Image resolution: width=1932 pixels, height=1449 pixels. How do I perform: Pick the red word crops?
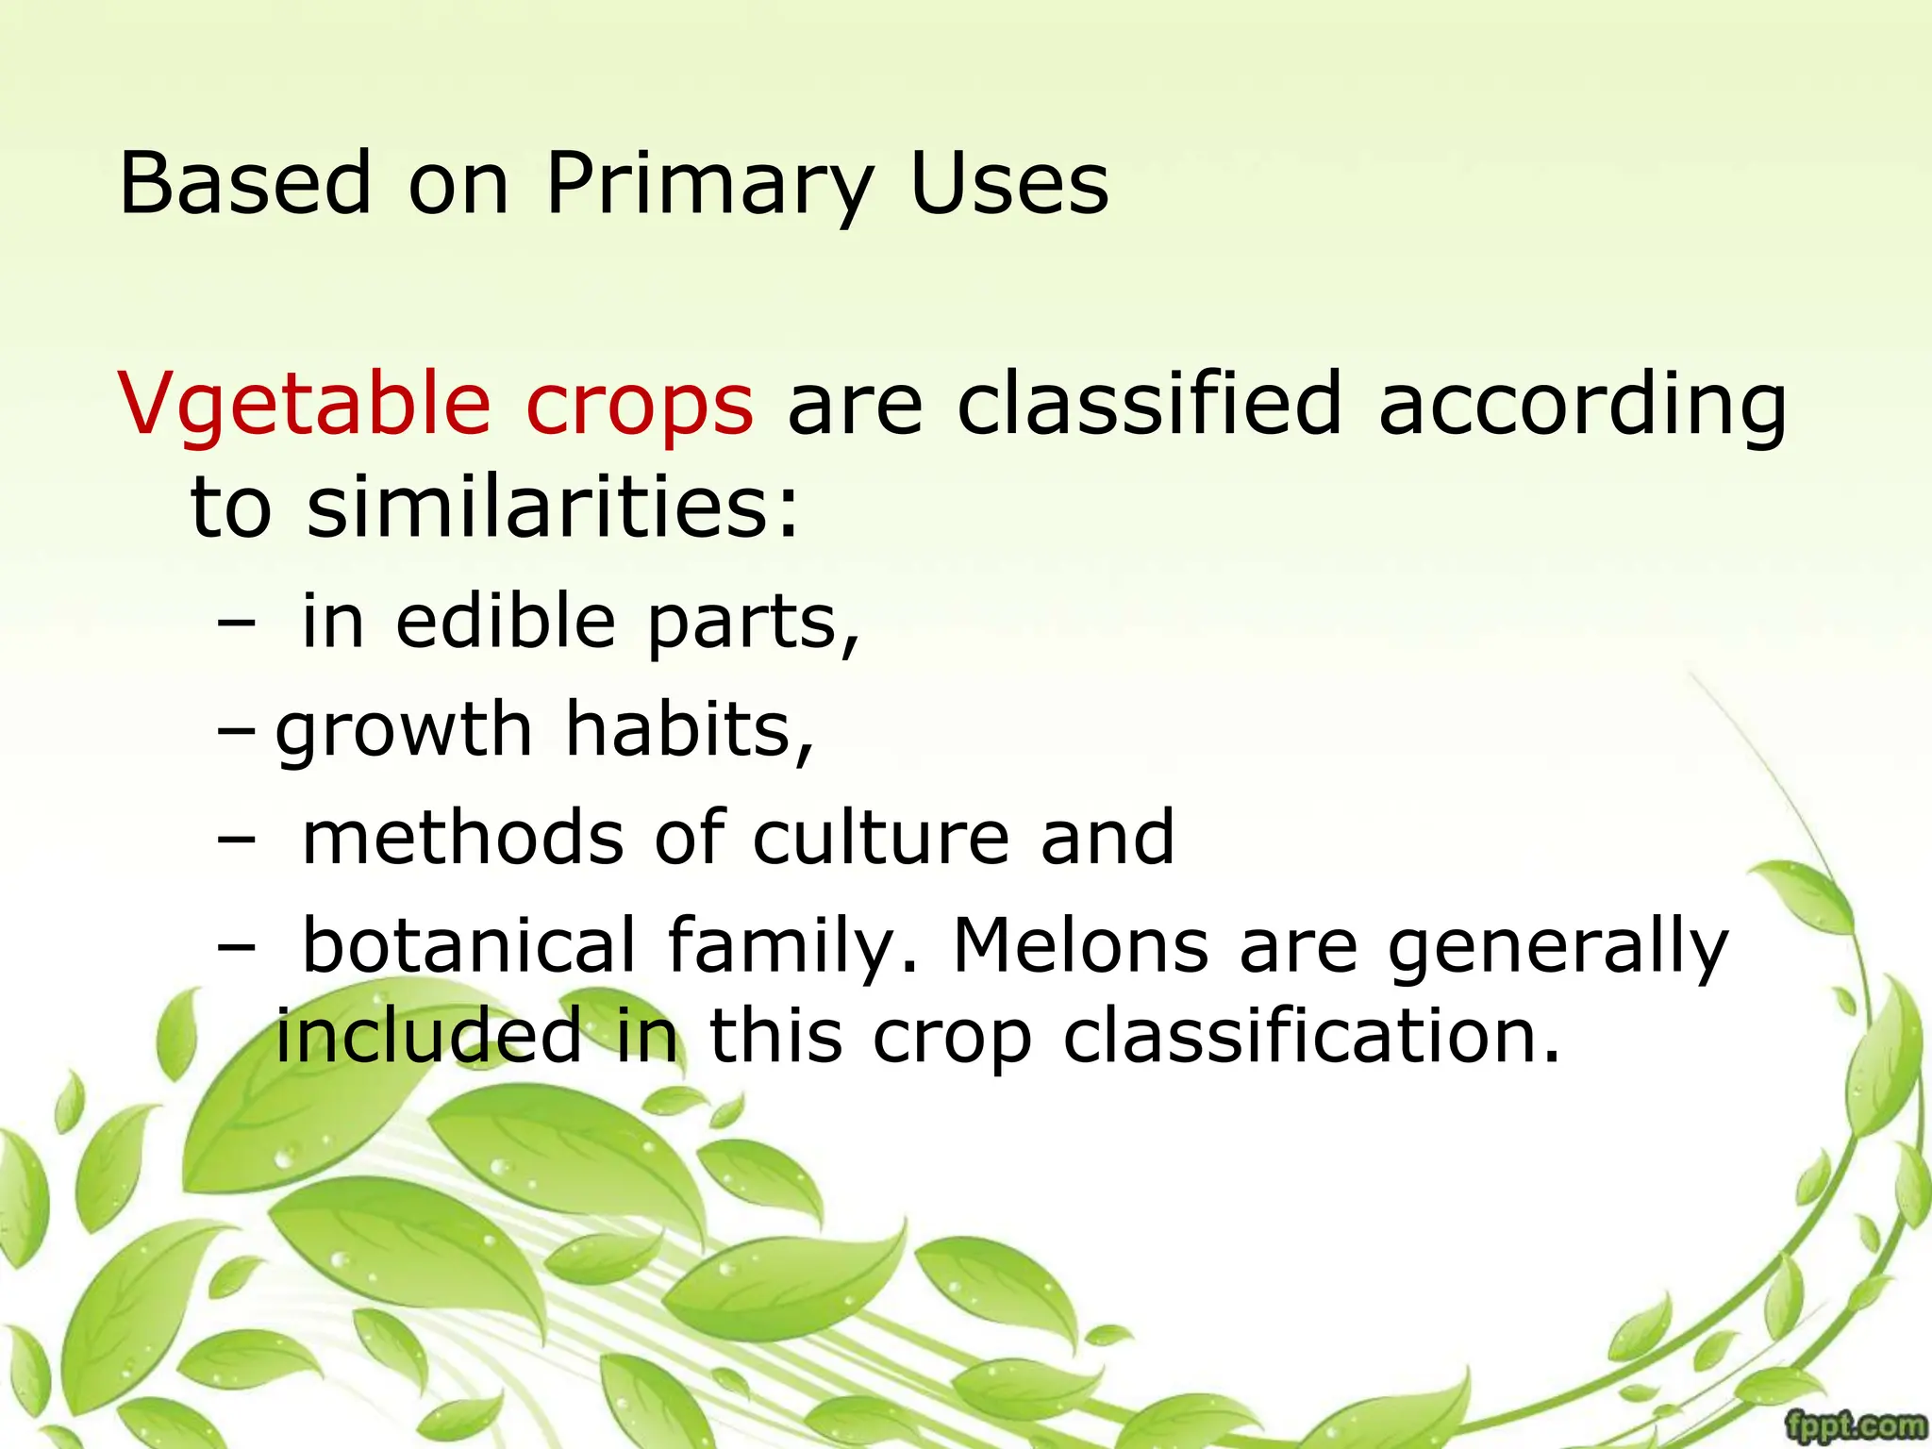click(x=640, y=406)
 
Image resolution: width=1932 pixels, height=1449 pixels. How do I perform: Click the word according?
click(x=1582, y=406)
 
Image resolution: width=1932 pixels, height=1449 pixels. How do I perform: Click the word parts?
click(x=754, y=625)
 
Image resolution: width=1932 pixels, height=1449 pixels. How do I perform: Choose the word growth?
click(x=404, y=730)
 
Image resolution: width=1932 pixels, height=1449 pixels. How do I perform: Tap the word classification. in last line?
click(x=1312, y=1036)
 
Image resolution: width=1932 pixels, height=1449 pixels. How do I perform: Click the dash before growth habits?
click(x=235, y=730)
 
